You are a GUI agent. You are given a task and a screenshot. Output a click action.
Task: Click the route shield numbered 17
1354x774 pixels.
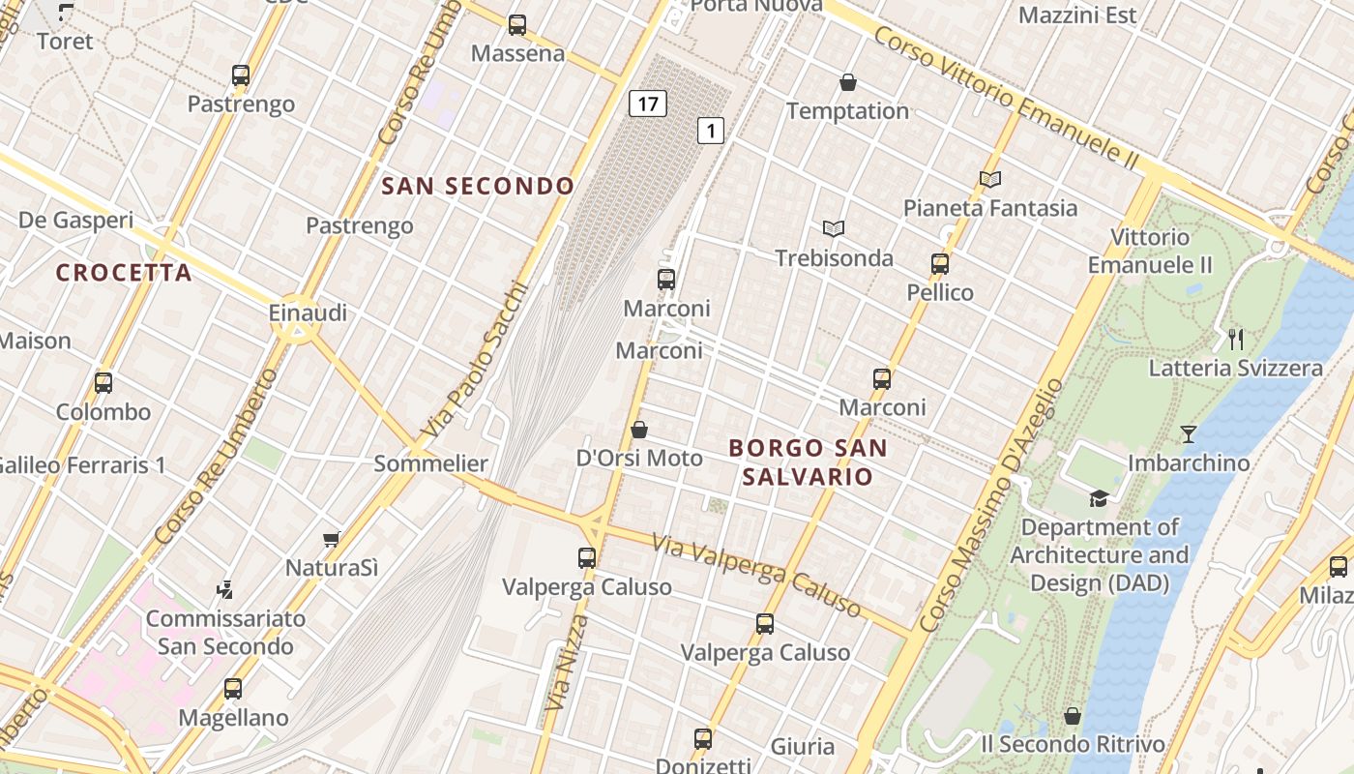click(x=647, y=103)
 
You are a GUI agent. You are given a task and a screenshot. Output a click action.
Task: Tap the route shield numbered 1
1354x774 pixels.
click(x=711, y=130)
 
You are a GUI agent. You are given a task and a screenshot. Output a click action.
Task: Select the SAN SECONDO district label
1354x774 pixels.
click(x=478, y=186)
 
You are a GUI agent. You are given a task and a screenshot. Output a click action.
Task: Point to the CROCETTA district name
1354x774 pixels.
click(x=124, y=273)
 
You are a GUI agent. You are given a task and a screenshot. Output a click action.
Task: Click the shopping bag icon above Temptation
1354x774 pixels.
click(x=848, y=82)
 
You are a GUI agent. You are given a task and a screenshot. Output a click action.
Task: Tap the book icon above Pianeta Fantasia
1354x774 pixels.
click(x=989, y=179)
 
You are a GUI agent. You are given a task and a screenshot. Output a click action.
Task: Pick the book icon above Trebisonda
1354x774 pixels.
click(x=834, y=228)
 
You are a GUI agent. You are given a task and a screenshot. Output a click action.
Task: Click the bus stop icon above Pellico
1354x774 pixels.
click(x=939, y=263)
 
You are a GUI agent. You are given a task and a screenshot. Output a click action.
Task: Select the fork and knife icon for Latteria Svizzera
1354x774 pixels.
click(x=1235, y=339)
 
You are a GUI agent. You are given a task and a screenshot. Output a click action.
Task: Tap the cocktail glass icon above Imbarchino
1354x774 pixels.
click(x=1189, y=434)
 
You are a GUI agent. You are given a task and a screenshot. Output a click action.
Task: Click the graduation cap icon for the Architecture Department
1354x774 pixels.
click(x=1099, y=498)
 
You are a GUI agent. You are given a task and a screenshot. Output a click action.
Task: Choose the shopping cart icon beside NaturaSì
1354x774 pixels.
click(x=332, y=539)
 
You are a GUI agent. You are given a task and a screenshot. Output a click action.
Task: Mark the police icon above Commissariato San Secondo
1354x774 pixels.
click(x=225, y=588)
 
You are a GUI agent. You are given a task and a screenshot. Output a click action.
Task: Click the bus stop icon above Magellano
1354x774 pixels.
click(x=233, y=689)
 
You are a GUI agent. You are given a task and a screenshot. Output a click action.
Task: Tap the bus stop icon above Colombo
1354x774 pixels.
click(x=103, y=382)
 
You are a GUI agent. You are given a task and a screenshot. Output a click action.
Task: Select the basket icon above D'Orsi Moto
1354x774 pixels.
click(x=638, y=429)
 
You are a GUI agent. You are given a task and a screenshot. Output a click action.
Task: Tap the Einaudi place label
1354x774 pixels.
click(x=308, y=313)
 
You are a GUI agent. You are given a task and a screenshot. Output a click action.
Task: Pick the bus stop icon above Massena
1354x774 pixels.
click(x=517, y=25)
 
